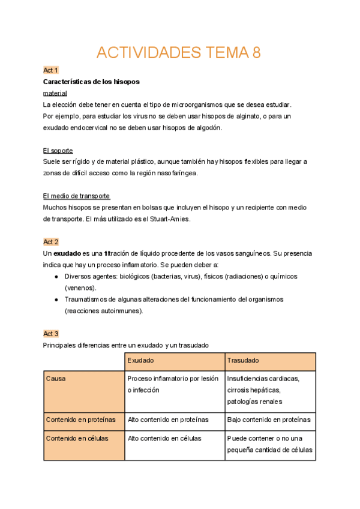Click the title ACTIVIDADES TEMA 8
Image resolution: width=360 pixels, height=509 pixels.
pos(179,53)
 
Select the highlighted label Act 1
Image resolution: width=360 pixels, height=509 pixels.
pos(51,70)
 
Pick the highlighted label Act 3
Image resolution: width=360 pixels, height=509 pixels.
pos(51,334)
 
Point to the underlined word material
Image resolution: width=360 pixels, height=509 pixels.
pos(55,93)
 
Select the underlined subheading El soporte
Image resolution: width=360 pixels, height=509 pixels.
pos(58,150)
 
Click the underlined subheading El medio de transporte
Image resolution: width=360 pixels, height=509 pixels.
pos(77,196)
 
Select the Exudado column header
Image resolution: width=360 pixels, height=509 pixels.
pos(141,361)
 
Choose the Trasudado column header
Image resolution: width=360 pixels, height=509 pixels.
pos(243,361)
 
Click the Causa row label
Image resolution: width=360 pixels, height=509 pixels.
pos(56,379)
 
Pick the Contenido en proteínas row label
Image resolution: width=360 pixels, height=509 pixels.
pos(81,420)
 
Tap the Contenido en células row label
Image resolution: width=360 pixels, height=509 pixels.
pos(77,438)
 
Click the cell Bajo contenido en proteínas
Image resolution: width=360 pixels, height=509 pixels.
pos(269,420)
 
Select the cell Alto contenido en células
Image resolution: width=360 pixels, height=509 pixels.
pos(164,438)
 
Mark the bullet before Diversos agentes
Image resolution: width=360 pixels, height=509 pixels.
pos(56,277)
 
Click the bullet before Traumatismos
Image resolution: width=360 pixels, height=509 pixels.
pos(56,300)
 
